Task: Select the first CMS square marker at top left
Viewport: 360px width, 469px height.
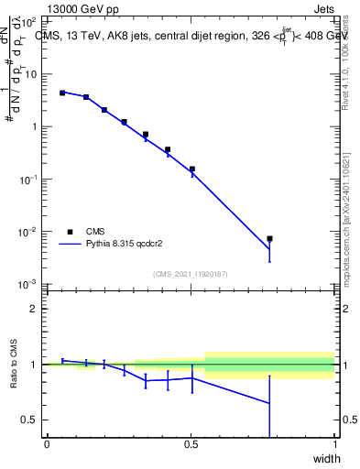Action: tap(62, 93)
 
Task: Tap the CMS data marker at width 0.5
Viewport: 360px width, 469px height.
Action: tap(191, 169)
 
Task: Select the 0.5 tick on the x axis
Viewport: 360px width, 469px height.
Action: tap(191, 445)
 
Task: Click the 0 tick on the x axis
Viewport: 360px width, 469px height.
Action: tap(47, 445)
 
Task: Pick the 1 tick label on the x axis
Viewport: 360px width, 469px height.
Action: tap(335, 445)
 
